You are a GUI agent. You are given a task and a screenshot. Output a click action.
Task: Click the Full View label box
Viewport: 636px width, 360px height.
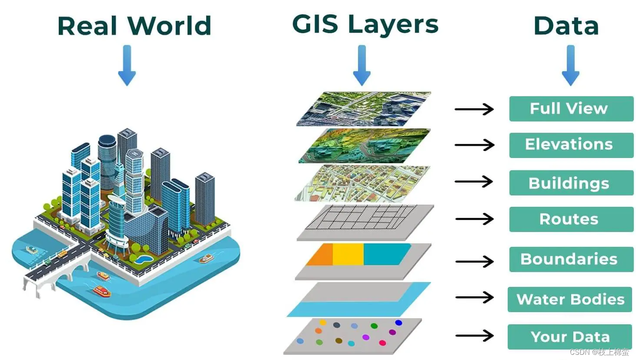(x=571, y=108)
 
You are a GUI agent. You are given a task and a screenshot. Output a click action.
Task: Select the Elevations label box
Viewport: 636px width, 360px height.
(x=571, y=145)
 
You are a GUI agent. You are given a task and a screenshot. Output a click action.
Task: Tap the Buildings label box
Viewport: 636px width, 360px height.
(x=571, y=183)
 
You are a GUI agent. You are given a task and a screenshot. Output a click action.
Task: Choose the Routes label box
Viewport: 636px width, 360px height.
(x=571, y=219)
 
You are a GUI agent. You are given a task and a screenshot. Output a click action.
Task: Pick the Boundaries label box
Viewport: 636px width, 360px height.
(x=571, y=259)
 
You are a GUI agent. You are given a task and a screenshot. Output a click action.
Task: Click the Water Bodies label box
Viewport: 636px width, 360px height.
(x=569, y=299)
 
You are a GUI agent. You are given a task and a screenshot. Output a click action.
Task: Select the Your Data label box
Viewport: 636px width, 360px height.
(x=569, y=336)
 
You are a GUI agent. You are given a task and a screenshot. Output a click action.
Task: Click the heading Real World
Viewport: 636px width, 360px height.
(x=134, y=26)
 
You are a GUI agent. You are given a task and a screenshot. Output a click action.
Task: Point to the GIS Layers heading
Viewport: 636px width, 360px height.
(x=365, y=24)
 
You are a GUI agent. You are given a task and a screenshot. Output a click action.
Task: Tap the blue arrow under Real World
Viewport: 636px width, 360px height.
(x=127, y=65)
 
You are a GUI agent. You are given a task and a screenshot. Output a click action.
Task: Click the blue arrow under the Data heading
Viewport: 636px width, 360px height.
(x=570, y=65)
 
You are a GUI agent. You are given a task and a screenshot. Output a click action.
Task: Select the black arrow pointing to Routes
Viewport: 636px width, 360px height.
(x=475, y=219)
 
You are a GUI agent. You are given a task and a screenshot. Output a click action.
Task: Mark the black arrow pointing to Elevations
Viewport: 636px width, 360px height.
(x=475, y=145)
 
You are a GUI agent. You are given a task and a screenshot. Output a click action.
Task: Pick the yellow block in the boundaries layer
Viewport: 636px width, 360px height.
(x=348, y=254)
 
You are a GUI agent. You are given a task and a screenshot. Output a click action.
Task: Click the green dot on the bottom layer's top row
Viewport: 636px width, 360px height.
(x=374, y=326)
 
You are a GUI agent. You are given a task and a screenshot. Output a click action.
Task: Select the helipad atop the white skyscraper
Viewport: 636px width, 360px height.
(x=134, y=154)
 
